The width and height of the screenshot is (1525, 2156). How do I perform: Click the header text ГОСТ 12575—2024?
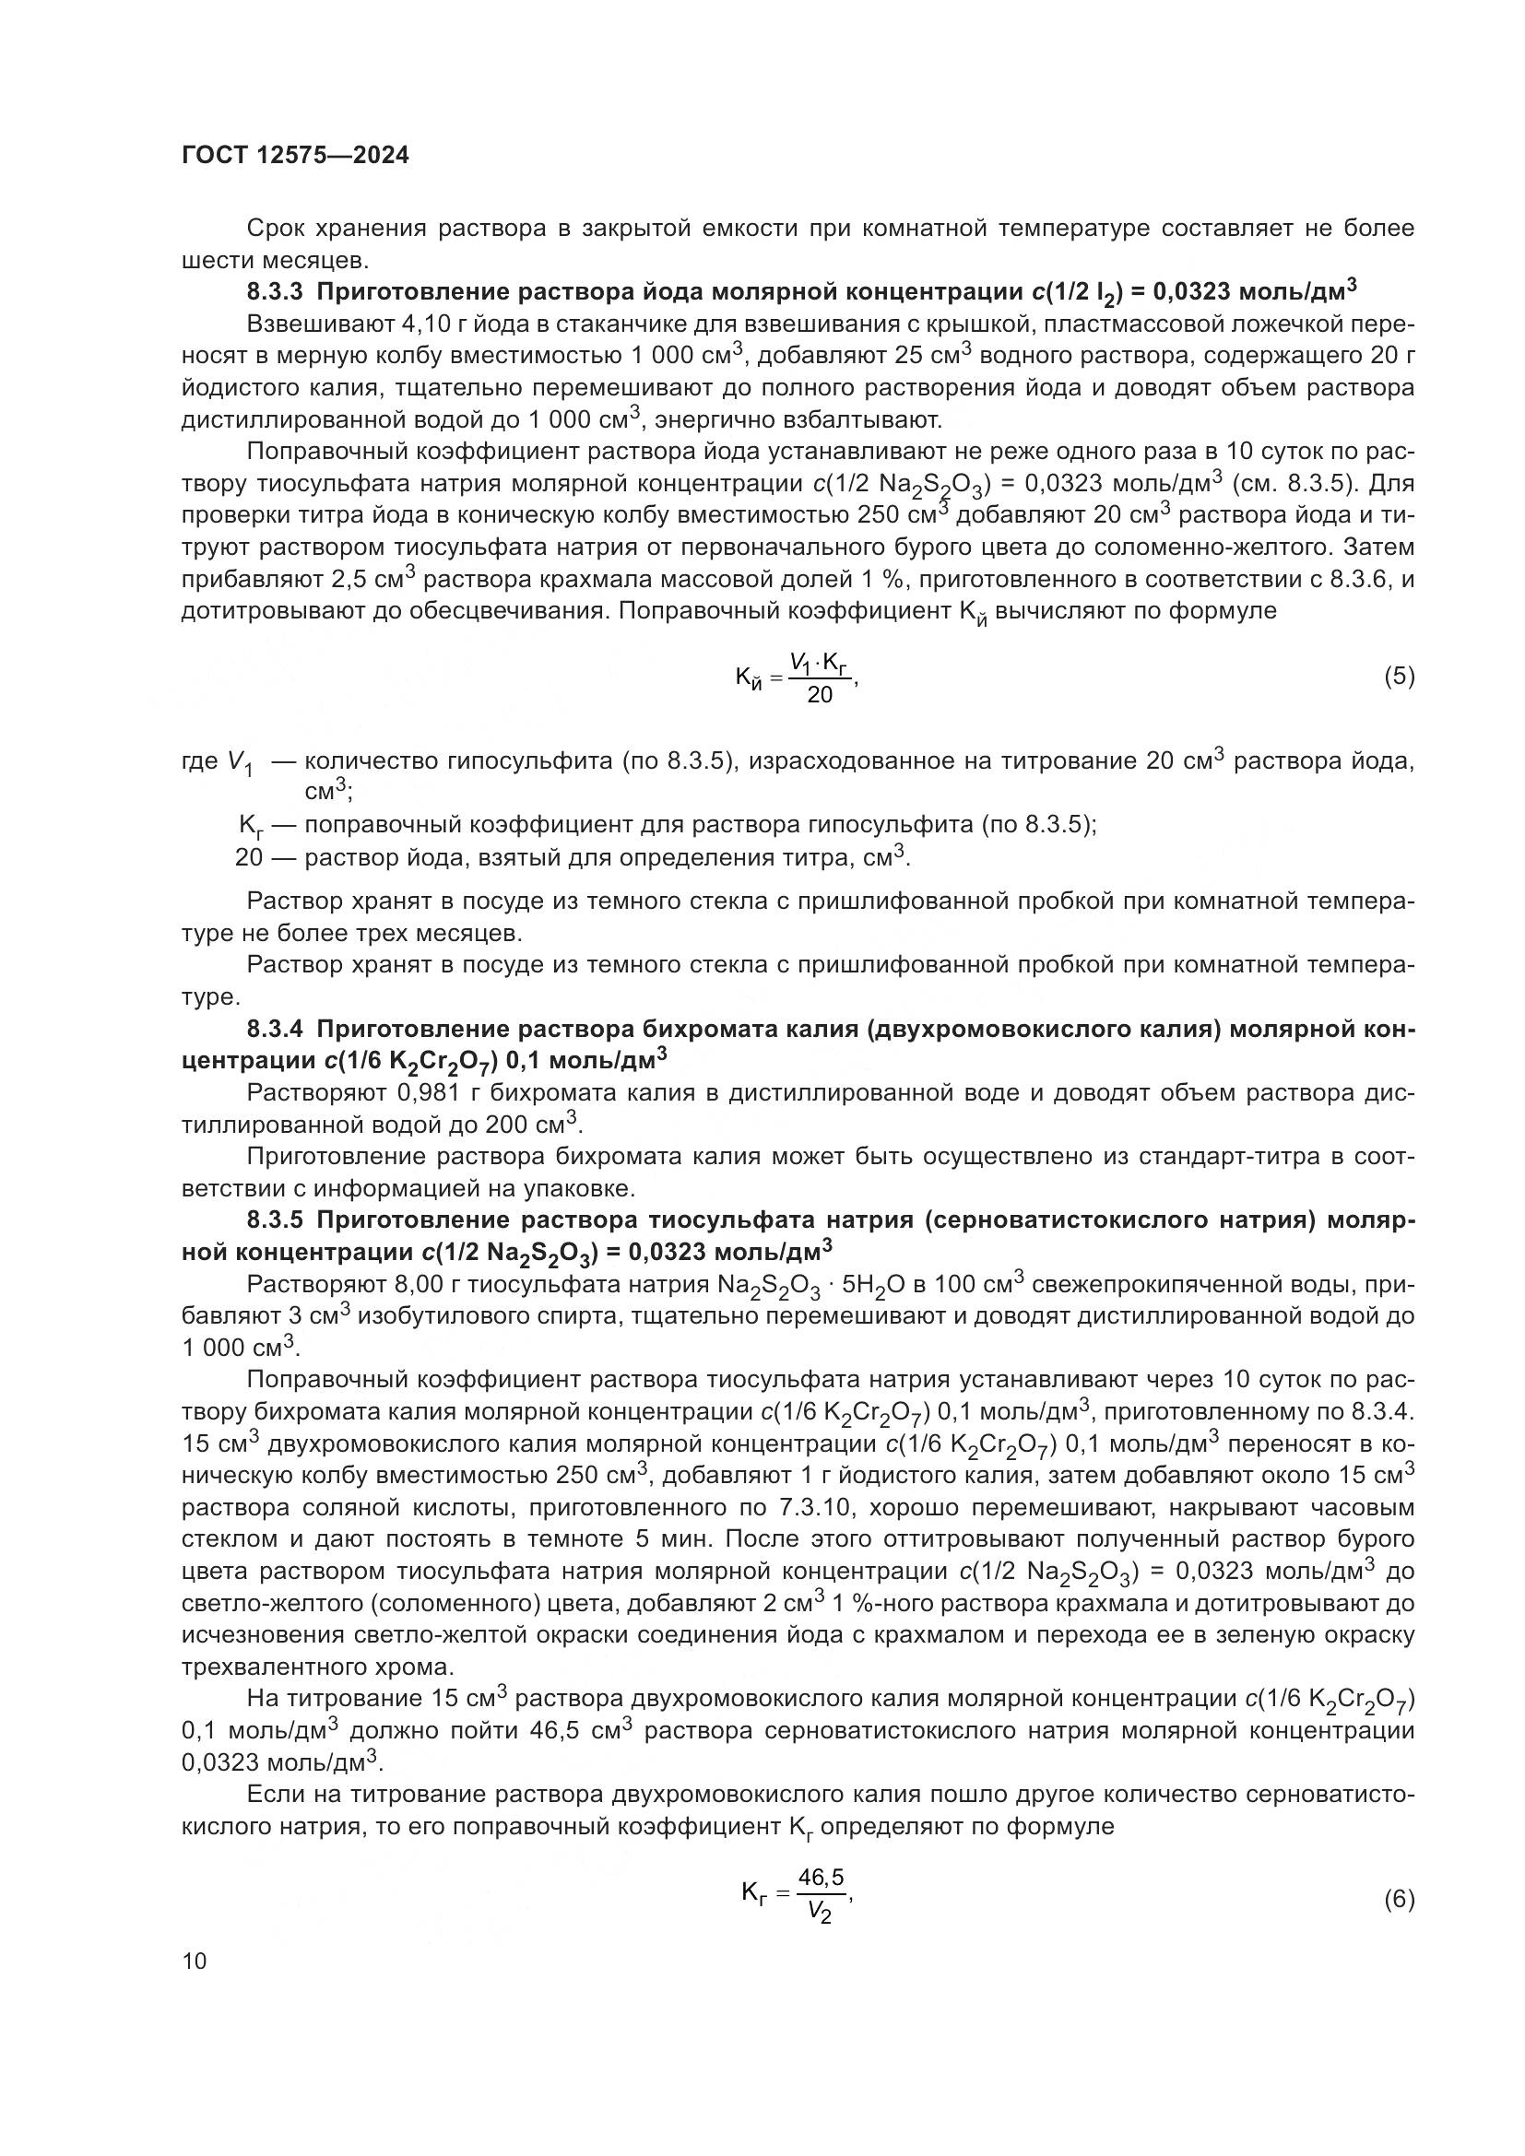click(295, 156)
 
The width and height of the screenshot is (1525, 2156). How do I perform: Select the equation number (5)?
click(1400, 676)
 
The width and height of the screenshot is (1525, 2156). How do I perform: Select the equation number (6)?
click(1400, 1900)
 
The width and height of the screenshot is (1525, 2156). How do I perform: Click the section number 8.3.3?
click(274, 292)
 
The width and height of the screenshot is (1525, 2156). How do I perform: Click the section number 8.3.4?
click(274, 1031)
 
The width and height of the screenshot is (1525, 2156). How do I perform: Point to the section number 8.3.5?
click(274, 1220)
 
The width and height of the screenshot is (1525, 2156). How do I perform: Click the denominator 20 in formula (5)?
click(820, 696)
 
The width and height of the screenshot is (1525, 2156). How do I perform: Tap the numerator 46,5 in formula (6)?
click(821, 1877)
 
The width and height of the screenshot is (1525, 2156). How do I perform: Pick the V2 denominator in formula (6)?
click(820, 1914)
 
